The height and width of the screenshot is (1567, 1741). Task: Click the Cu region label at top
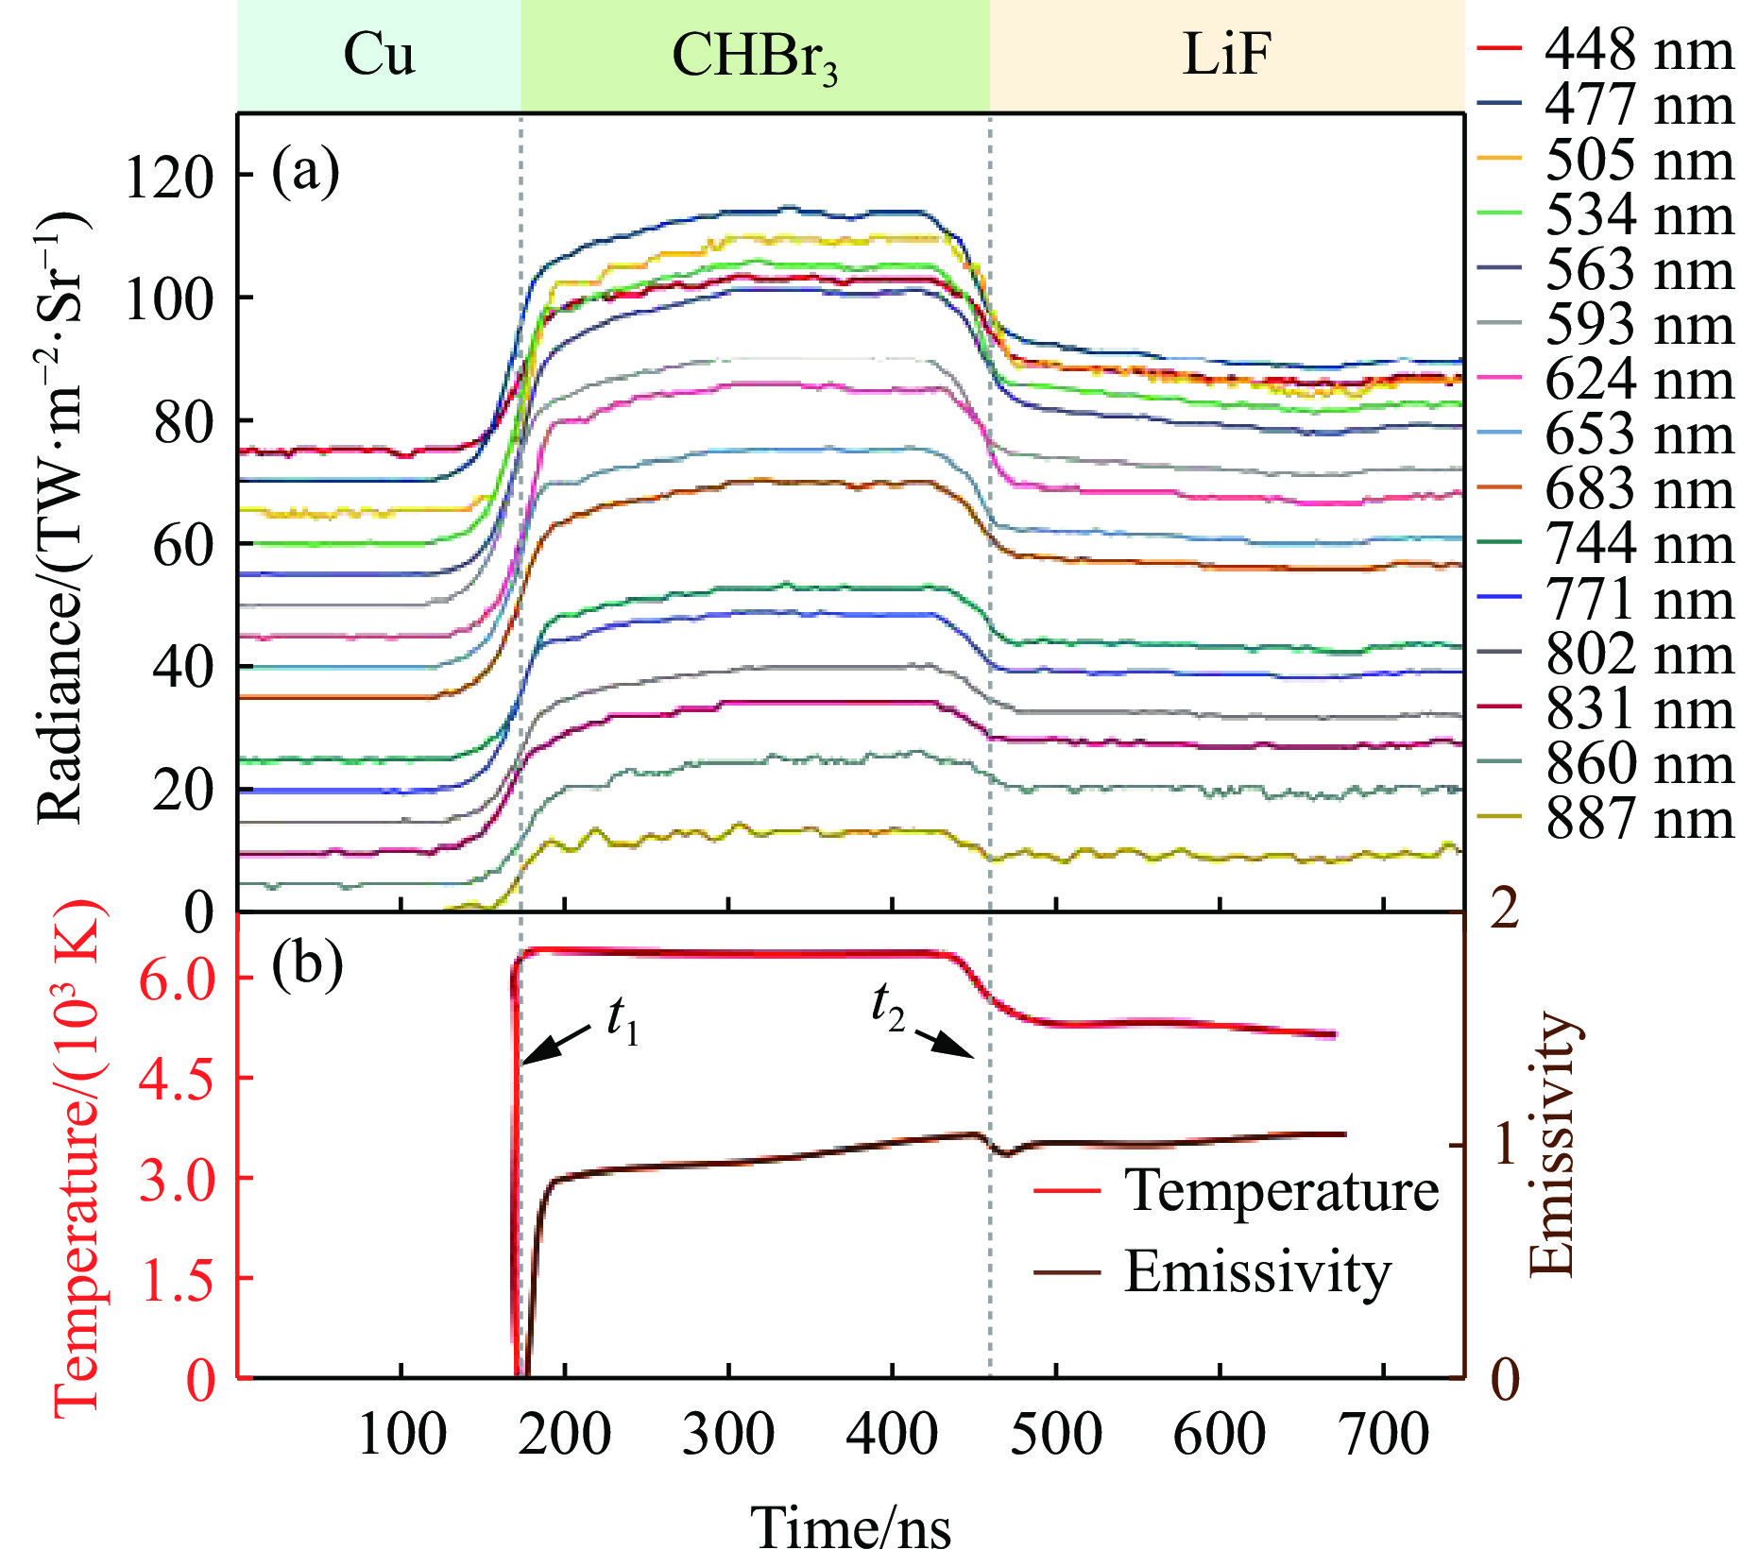click(378, 55)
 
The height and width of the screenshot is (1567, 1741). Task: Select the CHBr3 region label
click(754, 57)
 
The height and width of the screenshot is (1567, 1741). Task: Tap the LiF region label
click(1226, 55)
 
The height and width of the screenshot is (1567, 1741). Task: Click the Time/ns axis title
click(850, 1528)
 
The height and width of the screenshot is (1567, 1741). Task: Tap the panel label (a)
click(305, 173)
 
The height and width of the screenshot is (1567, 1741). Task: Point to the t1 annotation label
click(623, 1021)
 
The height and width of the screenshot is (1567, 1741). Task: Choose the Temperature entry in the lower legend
click(1281, 1190)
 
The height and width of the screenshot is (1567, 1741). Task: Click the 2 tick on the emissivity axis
click(1504, 909)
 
